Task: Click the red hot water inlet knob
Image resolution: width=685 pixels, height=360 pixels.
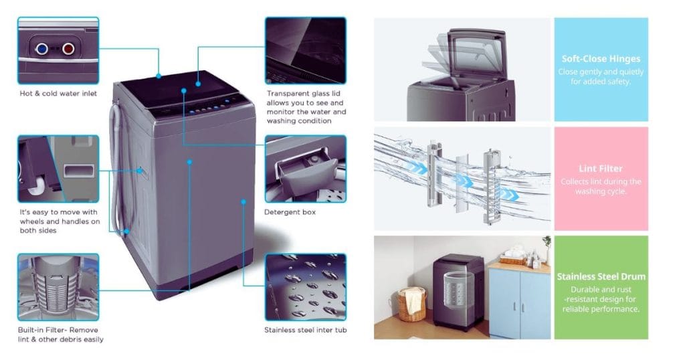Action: point(68,48)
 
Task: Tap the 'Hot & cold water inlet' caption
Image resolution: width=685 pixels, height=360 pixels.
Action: point(58,93)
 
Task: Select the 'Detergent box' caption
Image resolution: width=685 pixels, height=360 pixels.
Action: point(290,212)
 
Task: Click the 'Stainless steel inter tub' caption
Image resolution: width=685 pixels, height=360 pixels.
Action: point(305,330)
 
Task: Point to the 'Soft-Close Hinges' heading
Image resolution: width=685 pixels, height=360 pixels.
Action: point(600,59)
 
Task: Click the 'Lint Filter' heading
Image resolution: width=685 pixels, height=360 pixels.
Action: point(600,169)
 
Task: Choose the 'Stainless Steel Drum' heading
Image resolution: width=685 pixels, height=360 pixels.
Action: point(601,276)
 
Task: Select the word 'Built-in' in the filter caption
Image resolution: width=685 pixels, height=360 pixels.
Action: point(30,330)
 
